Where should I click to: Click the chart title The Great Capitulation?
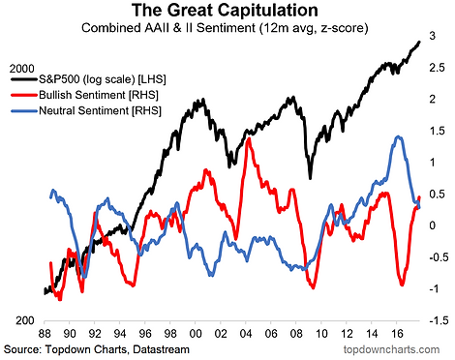pyautogui.click(x=225, y=11)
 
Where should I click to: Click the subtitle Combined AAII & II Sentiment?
pyautogui.click(x=168, y=28)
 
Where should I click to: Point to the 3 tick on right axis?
pyautogui.click(x=433, y=36)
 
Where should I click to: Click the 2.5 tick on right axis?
pyautogui.click(x=437, y=68)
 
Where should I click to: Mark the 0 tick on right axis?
pyautogui.click(x=433, y=225)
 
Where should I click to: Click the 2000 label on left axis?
pyautogui.click(x=22, y=69)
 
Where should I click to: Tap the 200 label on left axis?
pyautogui.click(x=25, y=320)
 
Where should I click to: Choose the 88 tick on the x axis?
pyautogui.click(x=45, y=334)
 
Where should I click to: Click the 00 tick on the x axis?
pyautogui.click(x=196, y=334)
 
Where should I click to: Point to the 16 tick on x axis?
pyautogui.click(x=397, y=334)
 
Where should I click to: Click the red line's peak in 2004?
pyautogui.click(x=249, y=139)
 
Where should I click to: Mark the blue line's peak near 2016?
pyautogui.click(x=399, y=137)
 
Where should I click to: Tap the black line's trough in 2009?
pyautogui.click(x=310, y=178)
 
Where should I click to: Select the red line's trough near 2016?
pyautogui.click(x=402, y=285)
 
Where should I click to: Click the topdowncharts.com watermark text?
pyautogui.click(x=391, y=349)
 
